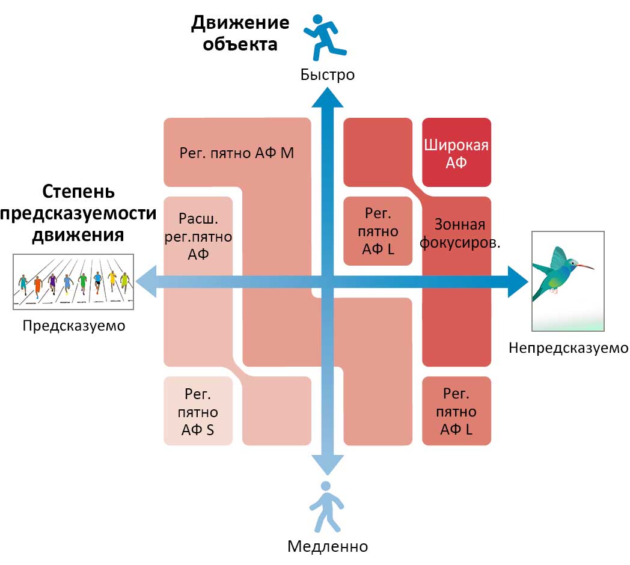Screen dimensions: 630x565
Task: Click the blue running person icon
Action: pyautogui.click(x=325, y=37)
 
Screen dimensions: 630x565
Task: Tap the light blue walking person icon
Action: pyautogui.click(x=326, y=507)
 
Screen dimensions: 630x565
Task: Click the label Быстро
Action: pyautogui.click(x=328, y=75)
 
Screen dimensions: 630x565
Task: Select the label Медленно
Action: pyautogui.click(x=328, y=546)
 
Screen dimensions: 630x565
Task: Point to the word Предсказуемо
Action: pyautogui.click(x=74, y=326)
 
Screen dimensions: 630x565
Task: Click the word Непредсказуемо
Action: pyautogui.click(x=569, y=347)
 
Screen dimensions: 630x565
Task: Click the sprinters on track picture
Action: pyautogui.click(x=73, y=282)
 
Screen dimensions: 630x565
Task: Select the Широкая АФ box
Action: pyautogui.click(x=456, y=152)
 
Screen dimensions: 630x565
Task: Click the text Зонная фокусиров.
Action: pyautogui.click(x=460, y=233)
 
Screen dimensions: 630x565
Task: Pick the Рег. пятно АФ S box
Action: pyautogui.click(x=198, y=411)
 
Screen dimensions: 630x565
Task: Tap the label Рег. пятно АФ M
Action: pyautogui.click(x=237, y=153)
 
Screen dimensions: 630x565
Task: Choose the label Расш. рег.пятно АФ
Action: pyautogui.click(x=198, y=236)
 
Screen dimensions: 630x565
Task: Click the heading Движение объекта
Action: pyautogui.click(x=240, y=33)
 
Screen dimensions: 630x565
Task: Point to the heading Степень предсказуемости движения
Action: pyautogui.click(x=78, y=213)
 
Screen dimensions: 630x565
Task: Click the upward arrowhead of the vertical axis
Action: pyautogui.click(x=328, y=97)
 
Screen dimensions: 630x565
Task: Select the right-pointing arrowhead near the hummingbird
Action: pyautogui.click(x=518, y=282)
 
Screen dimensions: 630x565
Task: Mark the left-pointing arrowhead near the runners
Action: pyautogui.click(x=146, y=282)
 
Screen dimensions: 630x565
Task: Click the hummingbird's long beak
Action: pyautogui.click(x=586, y=266)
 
